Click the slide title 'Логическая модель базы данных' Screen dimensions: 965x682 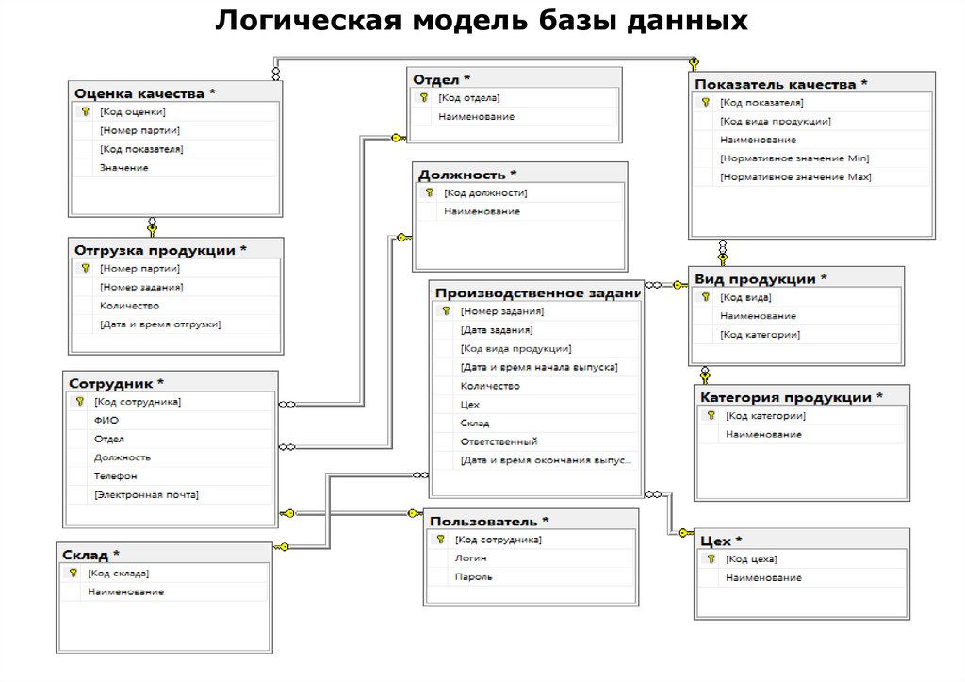point(482,21)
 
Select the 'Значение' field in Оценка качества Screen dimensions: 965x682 point(124,168)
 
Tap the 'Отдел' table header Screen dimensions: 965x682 point(442,79)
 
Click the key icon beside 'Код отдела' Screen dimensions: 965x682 point(423,98)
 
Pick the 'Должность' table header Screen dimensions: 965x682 point(467,175)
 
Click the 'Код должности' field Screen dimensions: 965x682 point(486,193)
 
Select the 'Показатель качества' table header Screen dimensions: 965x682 point(781,84)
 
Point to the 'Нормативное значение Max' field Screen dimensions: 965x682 point(795,177)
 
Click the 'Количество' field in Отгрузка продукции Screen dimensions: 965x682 point(129,306)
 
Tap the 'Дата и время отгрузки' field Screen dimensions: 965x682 point(160,324)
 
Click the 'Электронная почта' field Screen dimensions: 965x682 point(146,495)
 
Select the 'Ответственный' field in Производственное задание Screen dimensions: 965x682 point(499,441)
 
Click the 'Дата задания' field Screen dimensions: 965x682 point(497,330)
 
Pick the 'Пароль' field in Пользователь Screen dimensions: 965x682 point(473,577)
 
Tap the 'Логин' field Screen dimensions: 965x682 point(470,558)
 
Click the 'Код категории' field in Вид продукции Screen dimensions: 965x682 point(760,335)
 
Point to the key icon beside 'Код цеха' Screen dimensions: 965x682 point(711,559)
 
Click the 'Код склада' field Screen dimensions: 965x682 point(118,574)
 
